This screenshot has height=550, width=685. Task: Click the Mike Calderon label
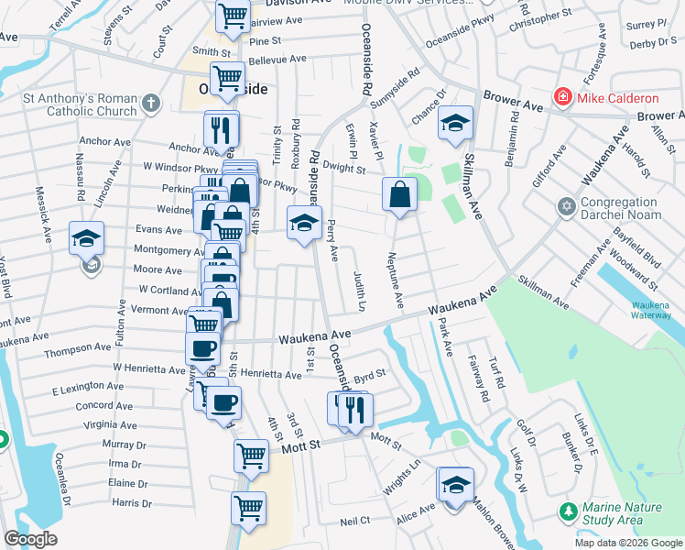(618, 98)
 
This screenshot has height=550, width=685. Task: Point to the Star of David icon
(566, 208)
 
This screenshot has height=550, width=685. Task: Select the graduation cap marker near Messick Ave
(86, 239)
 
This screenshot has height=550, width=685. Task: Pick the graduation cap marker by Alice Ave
(454, 485)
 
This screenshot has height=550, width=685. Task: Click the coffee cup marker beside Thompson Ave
(202, 348)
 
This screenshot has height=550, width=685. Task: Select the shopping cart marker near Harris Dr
(249, 507)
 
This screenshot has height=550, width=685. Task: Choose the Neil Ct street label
(353, 521)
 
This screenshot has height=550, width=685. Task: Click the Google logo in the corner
(30, 539)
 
